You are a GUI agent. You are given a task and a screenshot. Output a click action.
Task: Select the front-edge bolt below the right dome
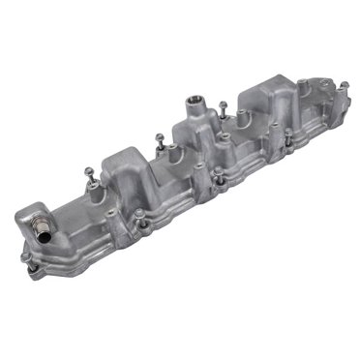coord(283,138)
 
